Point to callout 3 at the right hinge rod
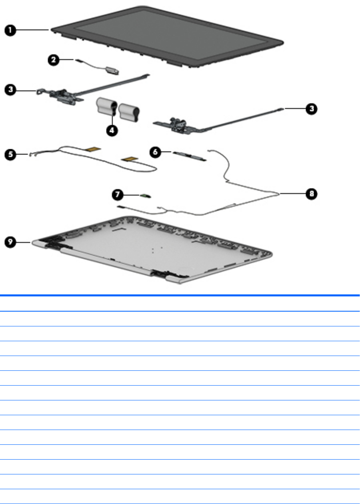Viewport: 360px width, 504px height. click(311, 108)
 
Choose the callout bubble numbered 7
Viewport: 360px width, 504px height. click(117, 195)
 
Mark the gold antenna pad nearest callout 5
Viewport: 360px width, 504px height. click(94, 149)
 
